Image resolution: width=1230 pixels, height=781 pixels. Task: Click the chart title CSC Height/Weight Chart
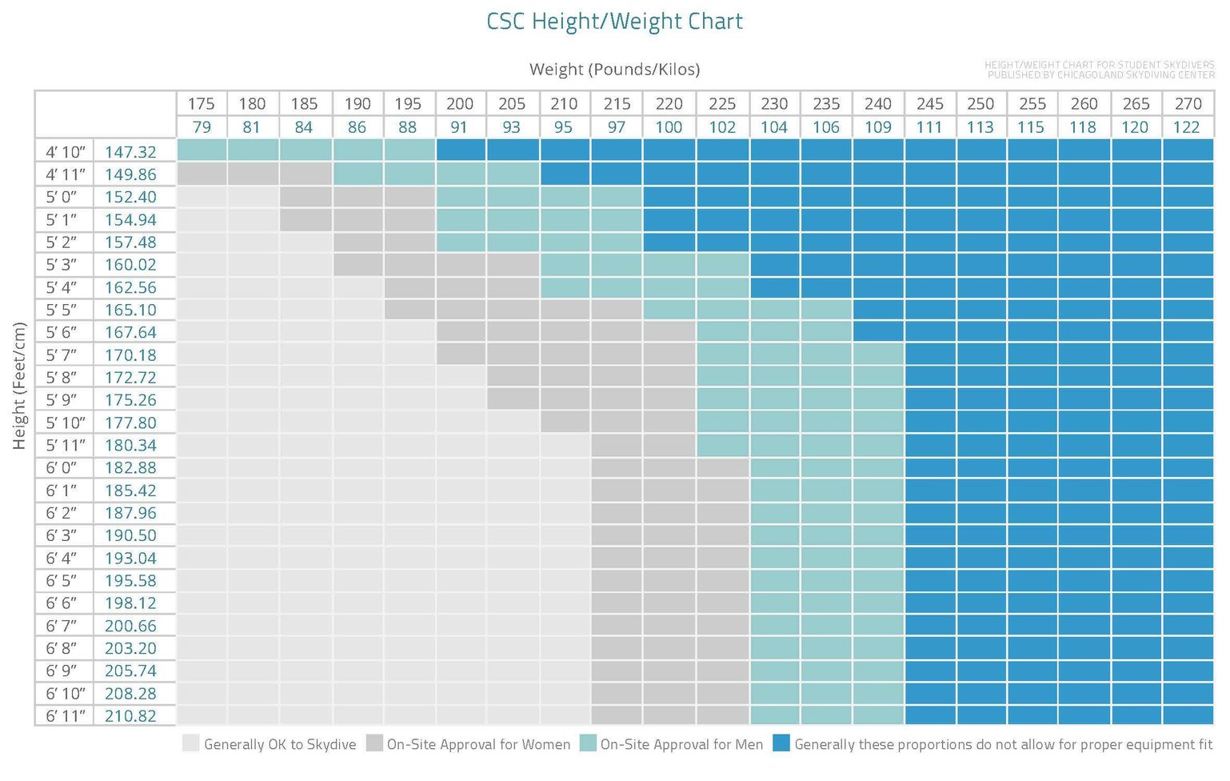[614, 22]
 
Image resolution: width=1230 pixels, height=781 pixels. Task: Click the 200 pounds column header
[460, 103]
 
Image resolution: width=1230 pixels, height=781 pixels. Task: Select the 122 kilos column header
[1186, 127]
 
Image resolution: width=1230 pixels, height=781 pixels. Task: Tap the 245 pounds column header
[929, 103]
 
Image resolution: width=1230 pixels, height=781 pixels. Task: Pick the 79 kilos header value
[202, 127]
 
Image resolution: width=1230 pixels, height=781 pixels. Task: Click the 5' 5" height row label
[62, 310]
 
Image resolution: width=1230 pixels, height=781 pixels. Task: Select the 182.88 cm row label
[130, 467]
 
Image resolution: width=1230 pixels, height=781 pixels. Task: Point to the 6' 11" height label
[65, 716]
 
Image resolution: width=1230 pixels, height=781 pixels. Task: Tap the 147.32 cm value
[130, 151]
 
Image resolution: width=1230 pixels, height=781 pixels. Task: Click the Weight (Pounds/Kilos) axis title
[614, 70]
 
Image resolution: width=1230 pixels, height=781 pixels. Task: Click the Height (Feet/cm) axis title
[20, 386]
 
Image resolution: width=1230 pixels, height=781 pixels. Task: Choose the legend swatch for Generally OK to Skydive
[190, 743]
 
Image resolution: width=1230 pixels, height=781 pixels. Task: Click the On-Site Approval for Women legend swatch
[374, 743]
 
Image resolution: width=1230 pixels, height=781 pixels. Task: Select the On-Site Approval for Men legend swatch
[588, 743]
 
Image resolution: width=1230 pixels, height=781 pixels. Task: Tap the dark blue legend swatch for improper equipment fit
[781, 743]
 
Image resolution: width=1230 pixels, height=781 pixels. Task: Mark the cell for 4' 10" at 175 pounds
[202, 150]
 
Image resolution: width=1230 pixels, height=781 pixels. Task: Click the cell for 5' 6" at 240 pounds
[877, 330]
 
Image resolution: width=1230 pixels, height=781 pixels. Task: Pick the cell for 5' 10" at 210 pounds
[565, 421]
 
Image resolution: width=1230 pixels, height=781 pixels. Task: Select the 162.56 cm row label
[130, 287]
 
